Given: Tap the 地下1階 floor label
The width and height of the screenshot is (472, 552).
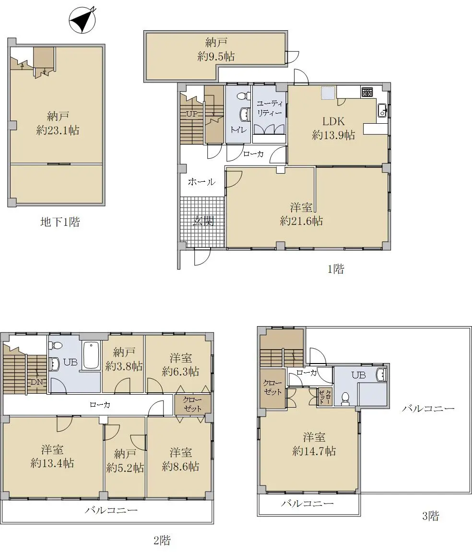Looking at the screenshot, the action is [x=60, y=222].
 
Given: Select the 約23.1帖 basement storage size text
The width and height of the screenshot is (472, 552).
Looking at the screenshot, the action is [x=58, y=130].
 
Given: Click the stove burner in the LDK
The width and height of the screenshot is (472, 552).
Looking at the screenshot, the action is [x=366, y=92].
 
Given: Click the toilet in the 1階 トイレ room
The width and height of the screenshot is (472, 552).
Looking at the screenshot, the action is [x=242, y=95].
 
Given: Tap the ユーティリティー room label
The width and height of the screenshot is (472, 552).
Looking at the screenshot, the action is [x=270, y=108].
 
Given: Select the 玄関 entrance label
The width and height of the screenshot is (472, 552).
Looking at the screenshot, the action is [x=203, y=222].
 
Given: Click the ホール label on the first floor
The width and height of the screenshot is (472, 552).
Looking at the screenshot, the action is [x=201, y=182].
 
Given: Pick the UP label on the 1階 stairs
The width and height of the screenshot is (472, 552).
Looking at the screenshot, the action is [x=192, y=114].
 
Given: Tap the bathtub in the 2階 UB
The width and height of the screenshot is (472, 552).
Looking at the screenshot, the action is [x=91, y=355].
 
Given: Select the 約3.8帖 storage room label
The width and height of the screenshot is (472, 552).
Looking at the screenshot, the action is [x=124, y=366].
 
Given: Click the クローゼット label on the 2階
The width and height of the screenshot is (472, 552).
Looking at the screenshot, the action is [x=192, y=404].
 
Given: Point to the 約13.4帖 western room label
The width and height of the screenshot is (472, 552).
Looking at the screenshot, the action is [x=52, y=463].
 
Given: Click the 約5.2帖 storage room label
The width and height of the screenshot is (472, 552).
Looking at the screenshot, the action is [x=125, y=468].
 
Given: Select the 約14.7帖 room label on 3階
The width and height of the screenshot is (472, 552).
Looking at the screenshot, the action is [x=314, y=451].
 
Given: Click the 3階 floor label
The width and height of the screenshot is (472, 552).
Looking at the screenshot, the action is [x=430, y=516].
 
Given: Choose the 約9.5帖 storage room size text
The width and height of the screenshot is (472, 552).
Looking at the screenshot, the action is [x=216, y=56].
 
